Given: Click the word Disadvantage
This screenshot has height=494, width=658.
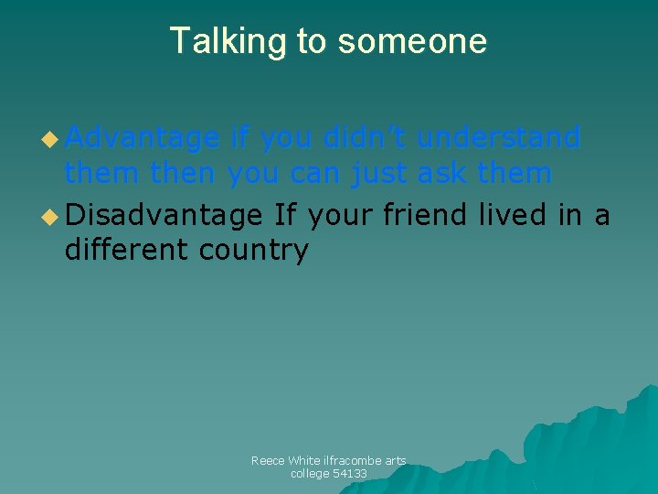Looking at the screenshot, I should (164, 215).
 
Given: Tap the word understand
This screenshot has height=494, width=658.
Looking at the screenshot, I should (499, 138).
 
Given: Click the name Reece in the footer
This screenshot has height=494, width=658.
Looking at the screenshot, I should (268, 461).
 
